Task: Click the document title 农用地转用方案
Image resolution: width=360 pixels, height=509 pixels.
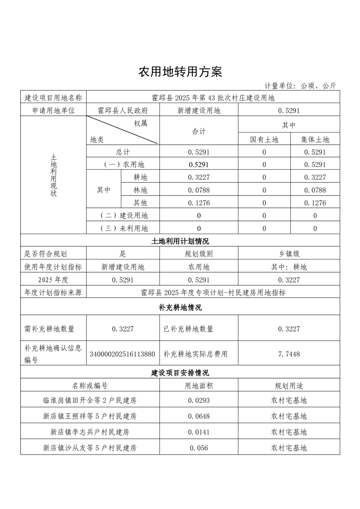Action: click(180, 72)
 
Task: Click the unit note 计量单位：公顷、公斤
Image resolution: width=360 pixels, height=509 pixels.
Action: click(300, 86)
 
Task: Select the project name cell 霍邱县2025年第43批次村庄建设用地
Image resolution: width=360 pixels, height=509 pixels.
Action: click(213, 98)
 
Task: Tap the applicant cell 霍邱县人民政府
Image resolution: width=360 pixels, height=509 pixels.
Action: click(123, 110)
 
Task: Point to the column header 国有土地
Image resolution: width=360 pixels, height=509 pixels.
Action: click(264, 140)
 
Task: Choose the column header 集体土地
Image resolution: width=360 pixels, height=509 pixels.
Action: click(315, 140)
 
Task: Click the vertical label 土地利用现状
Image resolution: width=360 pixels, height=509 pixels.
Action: click(54, 175)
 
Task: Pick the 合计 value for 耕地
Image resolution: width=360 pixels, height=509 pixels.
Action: click(198, 177)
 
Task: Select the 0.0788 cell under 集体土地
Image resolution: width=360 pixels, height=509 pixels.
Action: click(315, 190)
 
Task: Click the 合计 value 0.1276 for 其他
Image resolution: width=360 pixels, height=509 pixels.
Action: click(198, 203)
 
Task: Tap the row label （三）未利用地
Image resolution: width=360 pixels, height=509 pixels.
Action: click(123, 229)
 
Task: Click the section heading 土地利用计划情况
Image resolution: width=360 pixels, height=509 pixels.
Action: click(180, 241)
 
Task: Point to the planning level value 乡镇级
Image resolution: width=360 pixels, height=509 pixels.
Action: click(289, 254)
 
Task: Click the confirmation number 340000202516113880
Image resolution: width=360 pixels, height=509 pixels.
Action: click(123, 354)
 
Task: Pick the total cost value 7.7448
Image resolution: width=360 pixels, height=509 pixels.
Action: click(289, 354)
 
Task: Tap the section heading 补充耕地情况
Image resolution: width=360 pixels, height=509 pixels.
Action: click(180, 307)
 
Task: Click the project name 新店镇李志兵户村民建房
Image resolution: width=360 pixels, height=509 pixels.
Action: click(90, 431)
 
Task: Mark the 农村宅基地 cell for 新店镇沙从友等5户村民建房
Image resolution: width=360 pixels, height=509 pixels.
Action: click(289, 448)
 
